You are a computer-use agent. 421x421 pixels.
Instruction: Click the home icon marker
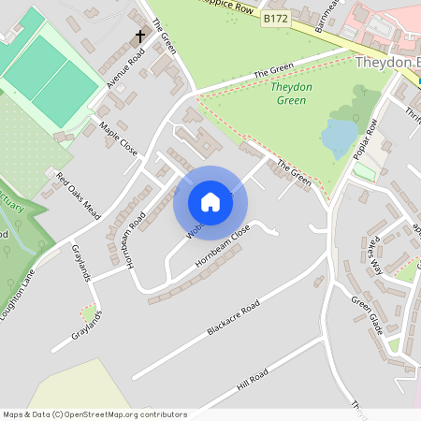210,202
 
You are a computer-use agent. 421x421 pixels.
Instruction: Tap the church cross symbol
140,36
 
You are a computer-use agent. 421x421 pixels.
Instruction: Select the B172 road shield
274,18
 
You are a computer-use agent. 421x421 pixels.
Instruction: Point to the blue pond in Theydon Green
339,138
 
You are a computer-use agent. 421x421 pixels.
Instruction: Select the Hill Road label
253,379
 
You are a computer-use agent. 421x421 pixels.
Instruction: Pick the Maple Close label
118,138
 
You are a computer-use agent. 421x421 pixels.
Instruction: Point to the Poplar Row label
365,139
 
